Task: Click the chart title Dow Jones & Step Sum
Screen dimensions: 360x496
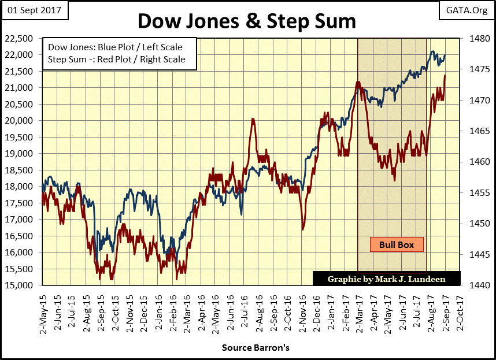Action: (x=247, y=21)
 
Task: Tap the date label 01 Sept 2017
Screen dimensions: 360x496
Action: (x=35, y=10)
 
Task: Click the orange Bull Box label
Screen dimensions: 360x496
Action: (x=397, y=244)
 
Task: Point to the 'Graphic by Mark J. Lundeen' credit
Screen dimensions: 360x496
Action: (x=386, y=279)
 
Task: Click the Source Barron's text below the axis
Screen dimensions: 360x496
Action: (x=255, y=348)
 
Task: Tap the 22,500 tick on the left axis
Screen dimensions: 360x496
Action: (x=23, y=38)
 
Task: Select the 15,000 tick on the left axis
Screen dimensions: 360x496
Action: (x=23, y=285)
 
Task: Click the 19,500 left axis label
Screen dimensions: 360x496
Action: (x=23, y=137)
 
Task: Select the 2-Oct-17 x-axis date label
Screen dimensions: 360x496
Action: (x=460, y=306)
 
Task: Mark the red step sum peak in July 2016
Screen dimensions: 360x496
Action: (x=253, y=119)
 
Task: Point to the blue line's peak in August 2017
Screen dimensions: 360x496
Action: (x=433, y=51)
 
